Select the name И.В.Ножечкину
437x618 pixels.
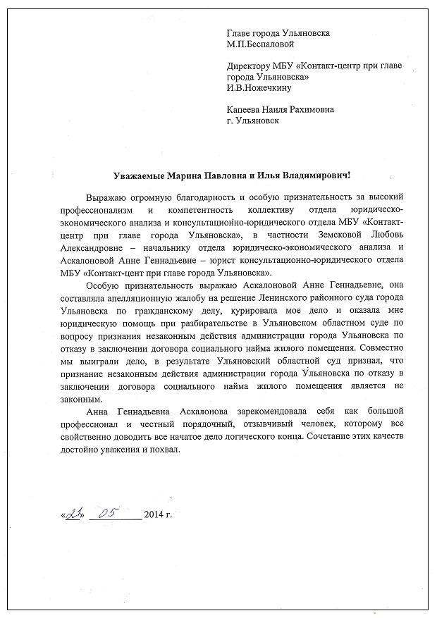tap(259, 88)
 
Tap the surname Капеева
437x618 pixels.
tap(246, 110)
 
